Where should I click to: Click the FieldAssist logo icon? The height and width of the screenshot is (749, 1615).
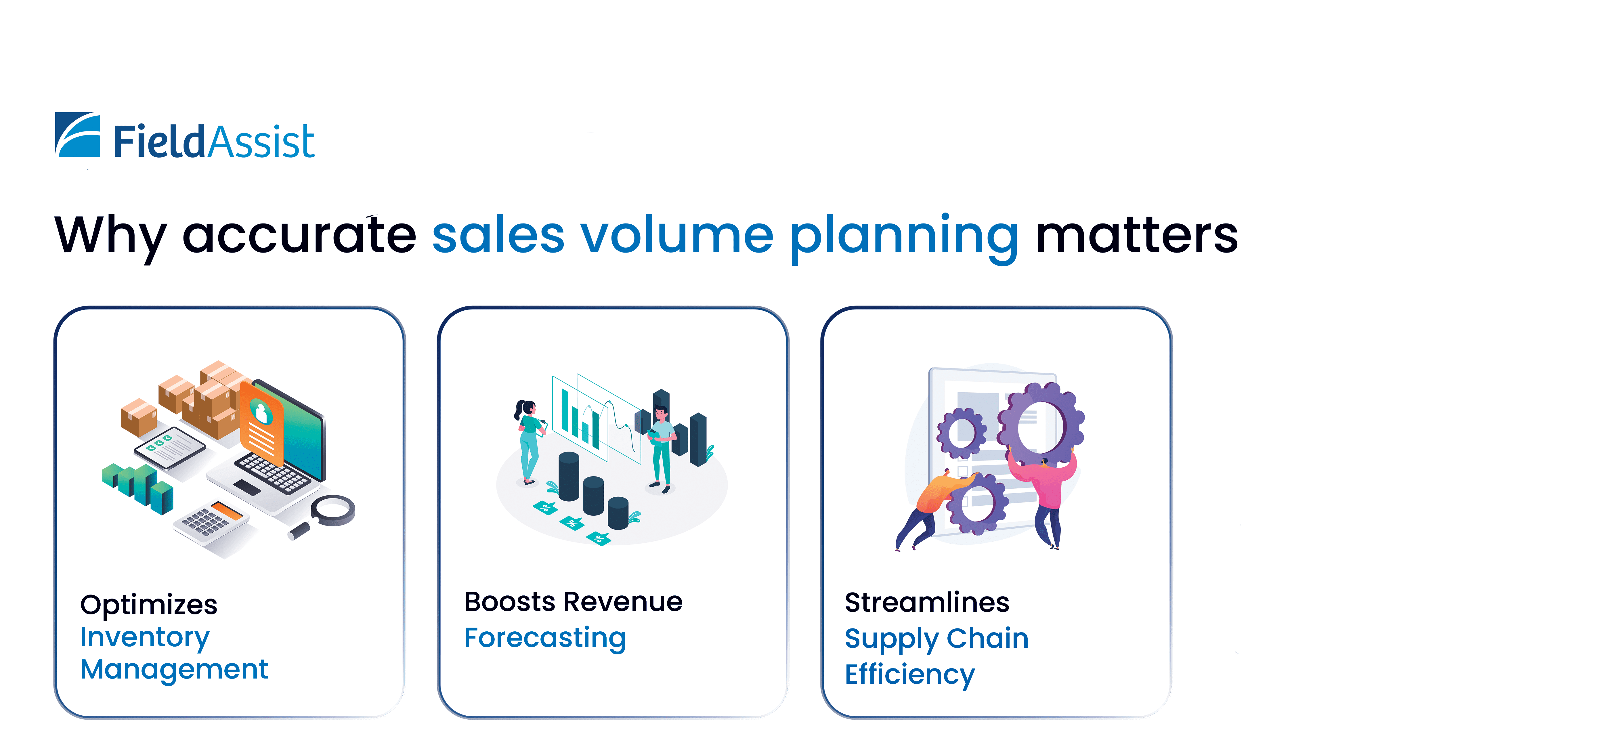pos(78,135)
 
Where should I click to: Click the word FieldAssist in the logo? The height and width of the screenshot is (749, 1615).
pos(214,142)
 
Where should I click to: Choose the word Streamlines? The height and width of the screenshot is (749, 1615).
pos(927,602)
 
